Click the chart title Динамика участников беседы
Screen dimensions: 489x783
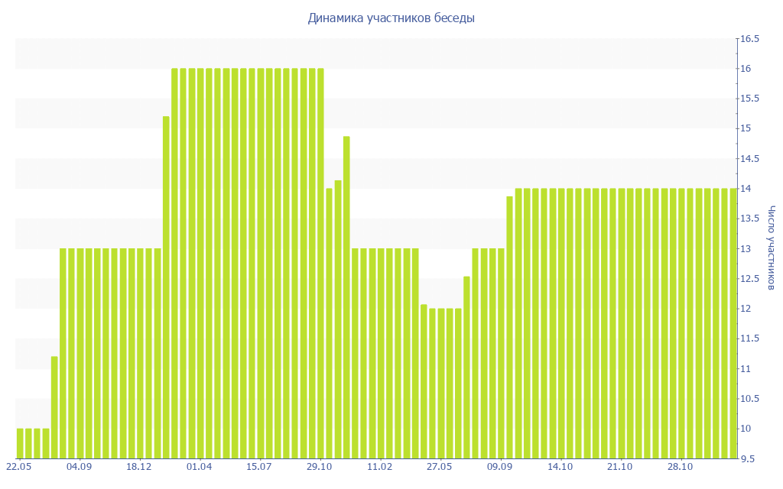391,18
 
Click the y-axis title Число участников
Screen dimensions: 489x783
772,248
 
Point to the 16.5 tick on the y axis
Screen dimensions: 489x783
749,39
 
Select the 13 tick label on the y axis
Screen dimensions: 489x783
744,249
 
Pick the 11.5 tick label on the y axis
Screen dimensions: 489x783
749,338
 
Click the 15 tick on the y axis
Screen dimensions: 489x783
744,128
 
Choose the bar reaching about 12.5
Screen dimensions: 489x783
466,367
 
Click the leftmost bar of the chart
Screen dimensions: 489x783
20,443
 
